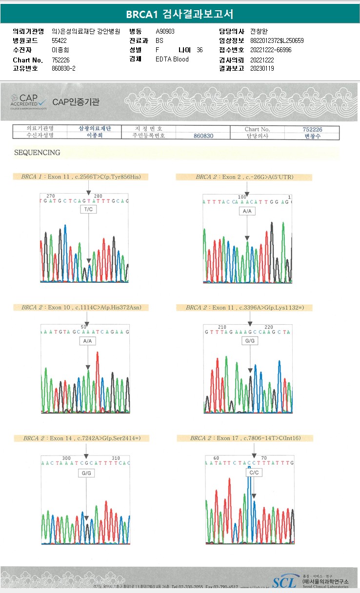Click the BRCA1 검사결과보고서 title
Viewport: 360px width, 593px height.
tap(180, 14)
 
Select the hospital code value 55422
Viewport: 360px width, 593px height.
tap(59, 40)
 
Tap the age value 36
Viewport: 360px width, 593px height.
tap(200, 50)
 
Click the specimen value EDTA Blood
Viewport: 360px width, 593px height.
tap(172, 59)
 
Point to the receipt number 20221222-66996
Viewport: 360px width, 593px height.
tap(270, 50)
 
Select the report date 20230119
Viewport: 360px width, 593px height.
tap(262, 68)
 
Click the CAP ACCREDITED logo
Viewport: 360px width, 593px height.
tap(28, 101)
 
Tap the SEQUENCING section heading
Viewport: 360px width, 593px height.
tap(37, 153)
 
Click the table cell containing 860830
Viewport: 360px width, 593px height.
tap(203, 136)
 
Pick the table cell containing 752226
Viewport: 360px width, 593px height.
tap(312, 129)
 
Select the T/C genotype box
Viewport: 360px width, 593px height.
tap(88, 209)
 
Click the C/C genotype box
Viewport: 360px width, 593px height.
tap(254, 473)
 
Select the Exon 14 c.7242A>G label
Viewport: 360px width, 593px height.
tap(85, 438)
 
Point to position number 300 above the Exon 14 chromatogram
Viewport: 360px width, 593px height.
tap(67, 458)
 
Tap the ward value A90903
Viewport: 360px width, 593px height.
tap(165, 31)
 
